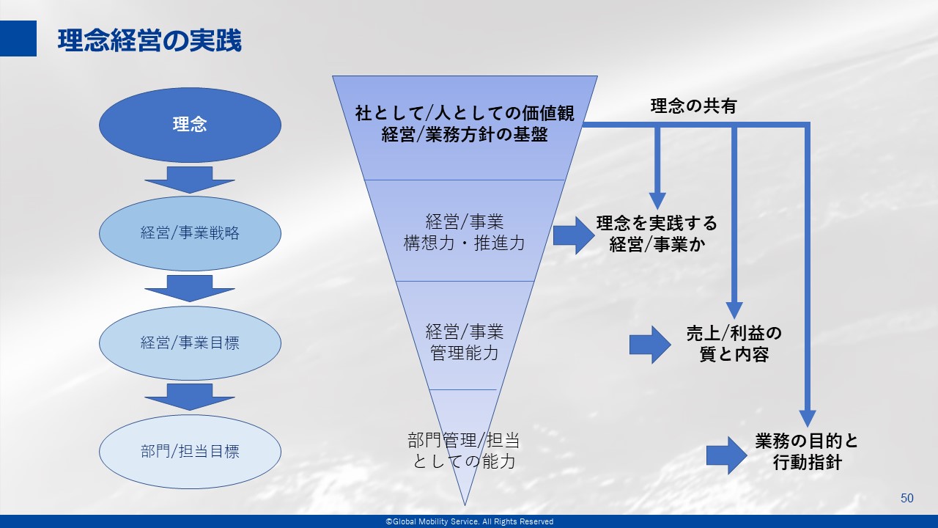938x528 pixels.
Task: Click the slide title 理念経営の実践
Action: tap(149, 40)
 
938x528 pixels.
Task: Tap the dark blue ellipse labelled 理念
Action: tap(190, 125)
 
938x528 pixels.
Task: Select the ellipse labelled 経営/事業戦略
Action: tap(190, 233)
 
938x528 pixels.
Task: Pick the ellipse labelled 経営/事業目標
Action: tap(190, 343)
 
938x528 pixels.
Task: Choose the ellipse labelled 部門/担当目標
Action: tap(190, 452)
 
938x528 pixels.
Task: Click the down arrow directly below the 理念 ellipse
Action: tap(190, 180)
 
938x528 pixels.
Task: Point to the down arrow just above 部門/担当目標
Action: tap(190, 397)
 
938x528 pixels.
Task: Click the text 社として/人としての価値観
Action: tap(465, 113)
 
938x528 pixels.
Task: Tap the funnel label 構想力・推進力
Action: tap(464, 243)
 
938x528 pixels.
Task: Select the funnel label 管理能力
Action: tap(465, 353)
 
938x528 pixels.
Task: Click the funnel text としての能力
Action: tap(464, 461)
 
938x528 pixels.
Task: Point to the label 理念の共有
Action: tap(693, 106)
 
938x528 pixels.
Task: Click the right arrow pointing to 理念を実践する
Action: tap(574, 235)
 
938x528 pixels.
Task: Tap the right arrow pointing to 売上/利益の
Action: tap(650, 345)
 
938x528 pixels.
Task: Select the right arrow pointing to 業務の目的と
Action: tap(727, 455)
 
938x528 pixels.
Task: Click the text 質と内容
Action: tap(734, 355)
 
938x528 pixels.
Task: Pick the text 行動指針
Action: tap(808, 463)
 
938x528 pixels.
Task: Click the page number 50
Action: tap(907, 498)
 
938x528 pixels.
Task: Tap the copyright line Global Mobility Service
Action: tap(470, 521)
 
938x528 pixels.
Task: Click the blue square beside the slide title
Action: tap(18, 38)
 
